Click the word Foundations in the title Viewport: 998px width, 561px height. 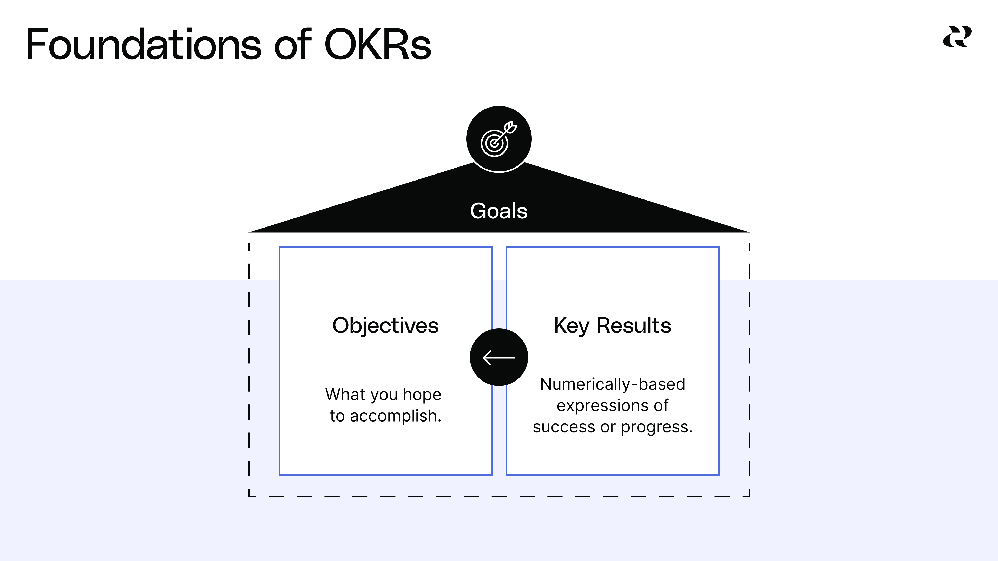pyautogui.click(x=143, y=44)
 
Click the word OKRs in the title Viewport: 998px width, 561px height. pyautogui.click(x=377, y=44)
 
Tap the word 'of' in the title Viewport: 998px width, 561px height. pyautogui.click(x=292, y=44)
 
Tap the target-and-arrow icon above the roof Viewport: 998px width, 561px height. pyautogui.click(x=499, y=139)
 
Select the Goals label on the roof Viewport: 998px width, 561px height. pyautogui.click(x=499, y=211)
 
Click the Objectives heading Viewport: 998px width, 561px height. pyautogui.click(x=385, y=325)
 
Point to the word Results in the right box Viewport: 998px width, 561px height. pyautogui.click(x=633, y=325)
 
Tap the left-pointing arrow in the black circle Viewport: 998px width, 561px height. pyautogui.click(x=499, y=357)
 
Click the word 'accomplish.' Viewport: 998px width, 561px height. pyautogui.click(x=395, y=416)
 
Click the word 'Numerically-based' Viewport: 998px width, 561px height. pyautogui.click(x=613, y=384)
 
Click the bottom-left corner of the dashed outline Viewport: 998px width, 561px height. pyautogui.click(x=249, y=496)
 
